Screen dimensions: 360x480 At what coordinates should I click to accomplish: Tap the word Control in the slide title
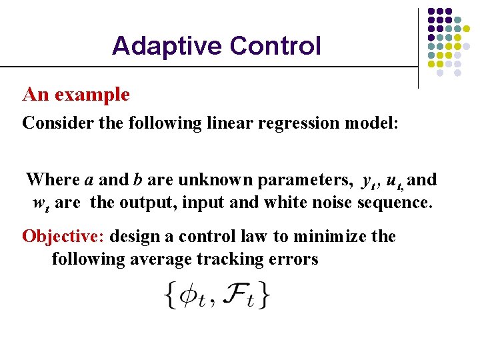275,46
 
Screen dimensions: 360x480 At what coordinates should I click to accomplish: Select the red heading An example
76,95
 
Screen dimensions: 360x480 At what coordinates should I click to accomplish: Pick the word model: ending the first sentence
370,123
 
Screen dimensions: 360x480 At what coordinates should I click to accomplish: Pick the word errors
296,259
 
